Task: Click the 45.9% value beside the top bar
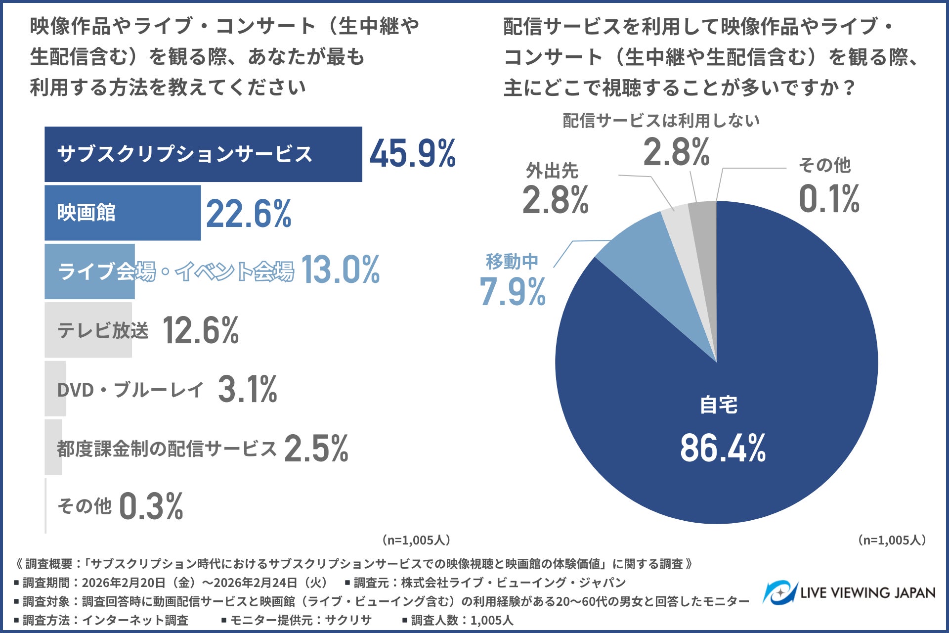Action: click(413, 154)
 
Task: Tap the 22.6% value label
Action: click(249, 214)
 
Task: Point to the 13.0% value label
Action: click(340, 271)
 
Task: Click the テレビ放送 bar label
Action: click(103, 330)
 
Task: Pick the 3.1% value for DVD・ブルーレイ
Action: click(247, 389)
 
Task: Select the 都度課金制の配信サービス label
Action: click(167, 449)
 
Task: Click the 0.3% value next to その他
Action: click(151, 506)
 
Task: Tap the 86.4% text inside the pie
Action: click(723, 449)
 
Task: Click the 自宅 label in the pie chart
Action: click(719, 406)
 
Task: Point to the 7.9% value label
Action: click(513, 292)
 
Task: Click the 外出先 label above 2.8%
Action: click(552, 171)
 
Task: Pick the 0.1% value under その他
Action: click(829, 199)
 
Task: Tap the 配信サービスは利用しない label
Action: click(661, 121)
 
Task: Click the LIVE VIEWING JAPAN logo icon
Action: click(779, 592)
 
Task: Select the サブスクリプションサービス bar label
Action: click(184, 154)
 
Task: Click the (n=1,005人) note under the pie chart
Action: click(892, 540)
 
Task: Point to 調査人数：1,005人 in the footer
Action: click(462, 620)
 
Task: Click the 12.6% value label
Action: click(201, 330)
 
